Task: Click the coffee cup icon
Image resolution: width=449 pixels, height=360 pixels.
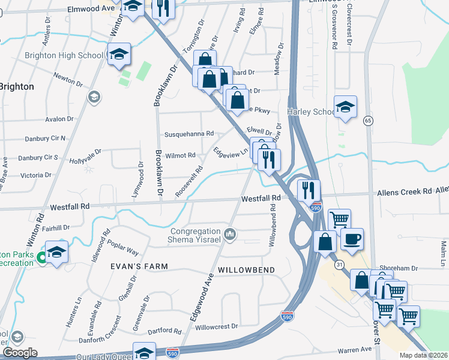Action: pyautogui.click(x=352, y=239)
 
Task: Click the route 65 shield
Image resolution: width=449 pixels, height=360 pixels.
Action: pyautogui.click(x=367, y=121)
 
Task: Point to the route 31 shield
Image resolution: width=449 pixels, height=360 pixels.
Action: pyautogui.click(x=340, y=265)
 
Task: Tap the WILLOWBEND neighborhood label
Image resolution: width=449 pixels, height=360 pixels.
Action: pyautogui.click(x=246, y=271)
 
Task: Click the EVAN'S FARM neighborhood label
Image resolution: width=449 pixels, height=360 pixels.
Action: pyautogui.click(x=138, y=266)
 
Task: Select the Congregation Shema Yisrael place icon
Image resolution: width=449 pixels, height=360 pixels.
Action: pyautogui.click(x=229, y=233)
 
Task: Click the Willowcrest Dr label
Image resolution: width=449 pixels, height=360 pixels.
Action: pyautogui.click(x=217, y=327)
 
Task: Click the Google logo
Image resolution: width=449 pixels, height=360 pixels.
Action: pyautogui.click(x=20, y=353)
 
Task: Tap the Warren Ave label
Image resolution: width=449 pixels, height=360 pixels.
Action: pyautogui.click(x=354, y=349)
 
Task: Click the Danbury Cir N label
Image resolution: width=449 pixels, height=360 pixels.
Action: pyautogui.click(x=45, y=139)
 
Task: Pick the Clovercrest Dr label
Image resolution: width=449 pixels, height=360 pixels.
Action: pyautogui.click(x=349, y=25)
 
